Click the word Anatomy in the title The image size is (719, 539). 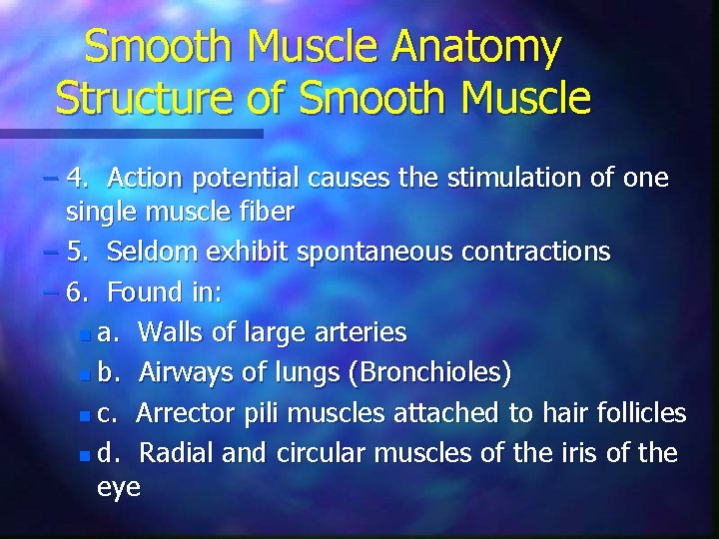477,48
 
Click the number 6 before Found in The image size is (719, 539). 75,292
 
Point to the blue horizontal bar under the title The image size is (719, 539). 130,133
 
